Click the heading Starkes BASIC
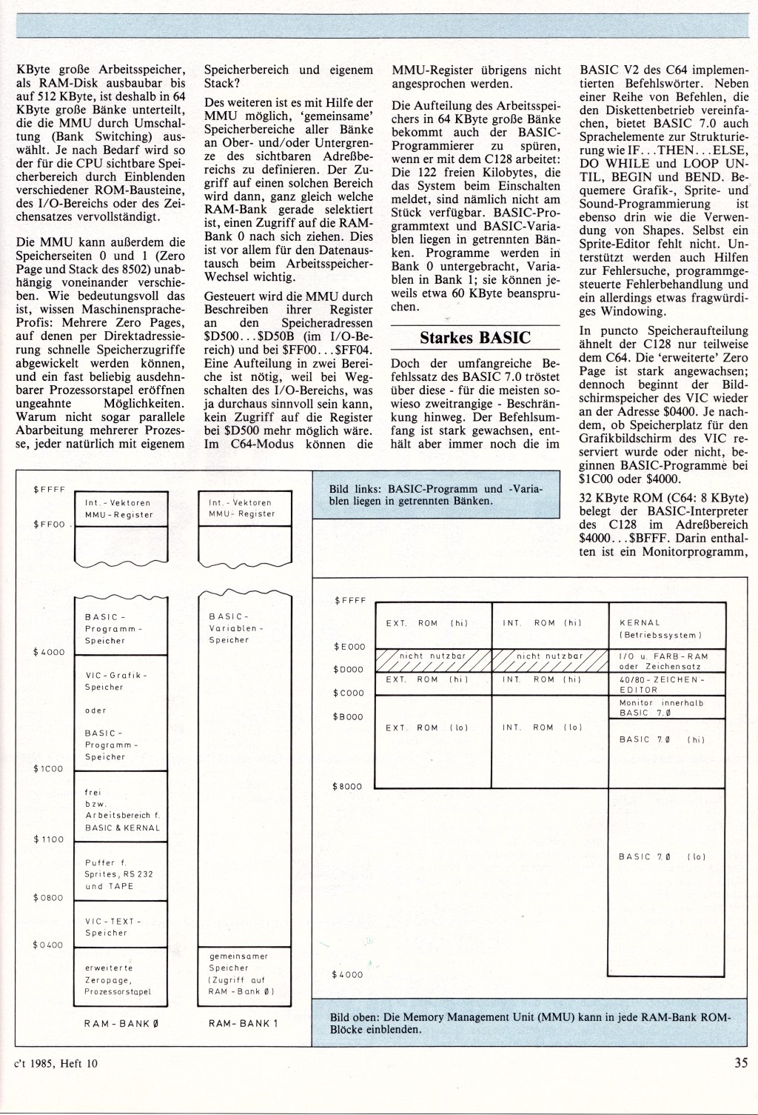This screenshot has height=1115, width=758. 475,338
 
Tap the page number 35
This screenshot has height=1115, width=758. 741,1063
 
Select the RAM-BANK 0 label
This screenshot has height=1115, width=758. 122,1024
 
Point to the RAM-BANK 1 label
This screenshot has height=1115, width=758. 243,1024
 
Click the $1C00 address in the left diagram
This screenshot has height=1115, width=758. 50,769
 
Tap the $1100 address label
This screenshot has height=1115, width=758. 50,839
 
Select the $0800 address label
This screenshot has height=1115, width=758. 50,898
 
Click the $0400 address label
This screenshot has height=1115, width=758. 50,945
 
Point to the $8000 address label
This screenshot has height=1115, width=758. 349,786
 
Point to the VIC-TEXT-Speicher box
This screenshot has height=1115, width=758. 122,927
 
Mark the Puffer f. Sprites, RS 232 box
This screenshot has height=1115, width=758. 122,874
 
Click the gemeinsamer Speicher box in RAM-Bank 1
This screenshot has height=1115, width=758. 244,973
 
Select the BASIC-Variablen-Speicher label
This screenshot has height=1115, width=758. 244,628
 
